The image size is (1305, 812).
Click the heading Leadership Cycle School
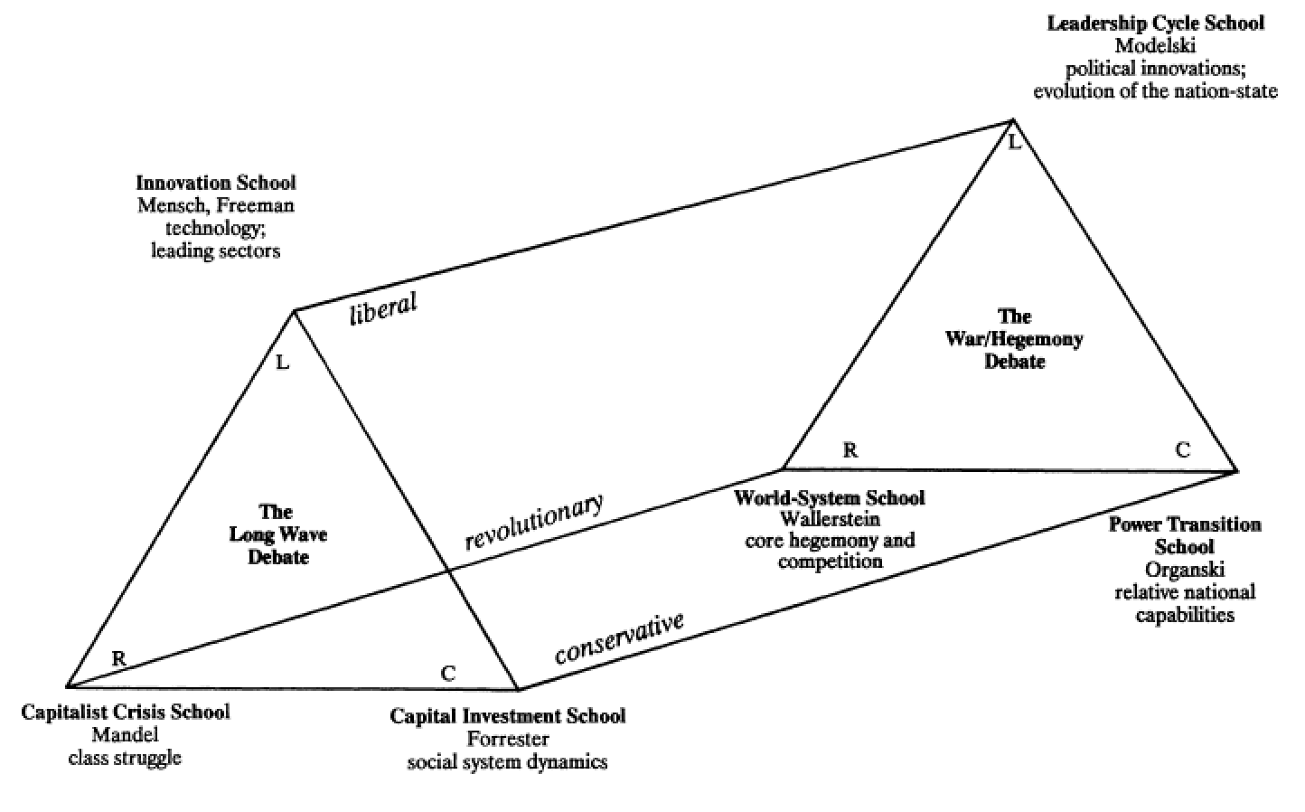tap(1155, 24)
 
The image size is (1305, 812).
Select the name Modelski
tap(1155, 45)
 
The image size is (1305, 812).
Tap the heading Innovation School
tap(215, 183)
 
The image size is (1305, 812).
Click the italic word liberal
tap(383, 307)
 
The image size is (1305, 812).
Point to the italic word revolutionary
tap(533, 523)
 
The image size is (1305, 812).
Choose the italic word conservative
tap(619, 638)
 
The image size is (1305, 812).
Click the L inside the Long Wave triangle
tap(283, 364)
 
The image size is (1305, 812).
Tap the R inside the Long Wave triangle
tap(118, 658)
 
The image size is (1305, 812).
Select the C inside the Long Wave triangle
tap(448, 674)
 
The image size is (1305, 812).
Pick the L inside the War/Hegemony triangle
tap(1014, 142)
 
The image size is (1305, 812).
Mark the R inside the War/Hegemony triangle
tap(850, 450)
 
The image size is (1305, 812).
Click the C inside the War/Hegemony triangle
tap(1182, 450)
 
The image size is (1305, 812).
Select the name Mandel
tap(125, 734)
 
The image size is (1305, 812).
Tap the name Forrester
tap(507, 739)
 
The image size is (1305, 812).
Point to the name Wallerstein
tap(830, 519)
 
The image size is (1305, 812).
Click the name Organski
tap(1183, 570)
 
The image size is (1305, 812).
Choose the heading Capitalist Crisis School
tap(125, 712)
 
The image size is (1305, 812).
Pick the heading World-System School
tap(830, 497)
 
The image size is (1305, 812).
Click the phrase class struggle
tap(125, 757)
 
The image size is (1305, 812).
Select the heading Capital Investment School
tap(507, 716)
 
